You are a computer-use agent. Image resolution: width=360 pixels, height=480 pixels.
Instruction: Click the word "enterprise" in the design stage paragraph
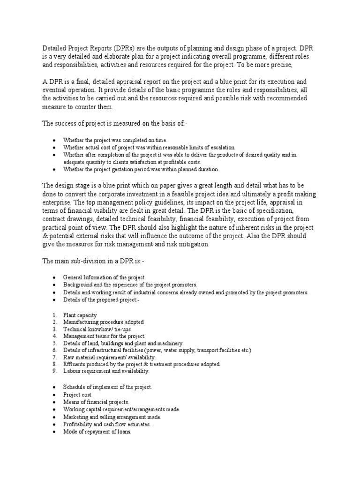point(57,202)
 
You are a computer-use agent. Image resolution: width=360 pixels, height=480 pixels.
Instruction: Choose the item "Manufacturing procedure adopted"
point(104,322)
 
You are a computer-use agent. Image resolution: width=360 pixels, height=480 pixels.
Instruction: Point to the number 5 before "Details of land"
point(54,343)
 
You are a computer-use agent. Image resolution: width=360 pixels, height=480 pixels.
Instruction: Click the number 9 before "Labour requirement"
point(54,371)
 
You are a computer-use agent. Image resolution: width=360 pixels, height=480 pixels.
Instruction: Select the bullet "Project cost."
point(78,395)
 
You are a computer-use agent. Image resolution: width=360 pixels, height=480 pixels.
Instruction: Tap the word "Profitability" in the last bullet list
point(79,424)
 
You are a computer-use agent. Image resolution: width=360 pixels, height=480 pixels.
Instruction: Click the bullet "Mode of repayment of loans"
point(97,432)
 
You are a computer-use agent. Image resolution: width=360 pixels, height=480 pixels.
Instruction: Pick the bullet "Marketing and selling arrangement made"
point(112,417)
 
